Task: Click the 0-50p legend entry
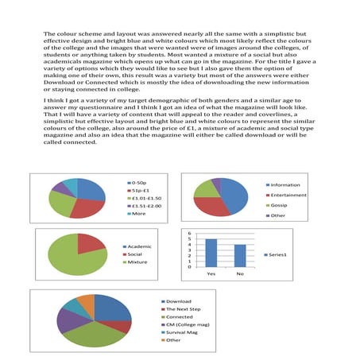[141, 183]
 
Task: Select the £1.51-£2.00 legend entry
[147, 206]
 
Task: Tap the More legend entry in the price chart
[138, 214]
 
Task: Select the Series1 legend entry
[278, 254]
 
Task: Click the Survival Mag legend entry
[180, 332]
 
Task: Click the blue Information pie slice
[234, 192]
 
